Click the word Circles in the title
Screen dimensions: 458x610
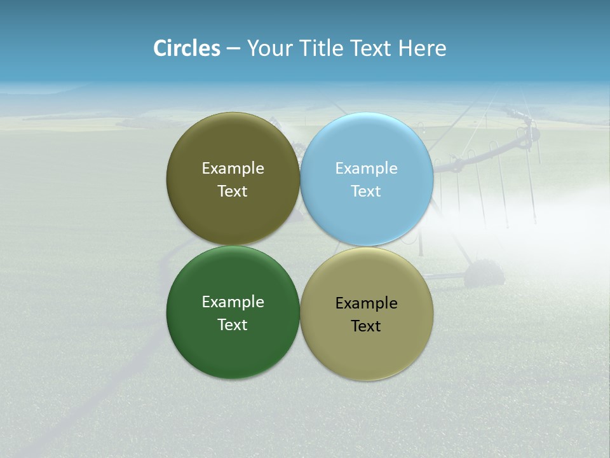[187, 48]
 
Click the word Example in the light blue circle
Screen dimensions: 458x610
[366, 169]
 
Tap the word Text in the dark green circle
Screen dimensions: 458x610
[233, 324]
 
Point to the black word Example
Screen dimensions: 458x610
[366, 303]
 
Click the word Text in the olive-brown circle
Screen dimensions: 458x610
[233, 191]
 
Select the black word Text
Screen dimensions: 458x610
[366, 326]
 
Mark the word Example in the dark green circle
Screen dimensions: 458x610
[233, 302]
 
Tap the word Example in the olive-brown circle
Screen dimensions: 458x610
[233, 169]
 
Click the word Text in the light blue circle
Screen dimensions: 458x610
[366, 191]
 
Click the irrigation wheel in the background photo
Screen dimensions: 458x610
[484, 274]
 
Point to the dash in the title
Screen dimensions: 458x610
[233, 49]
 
